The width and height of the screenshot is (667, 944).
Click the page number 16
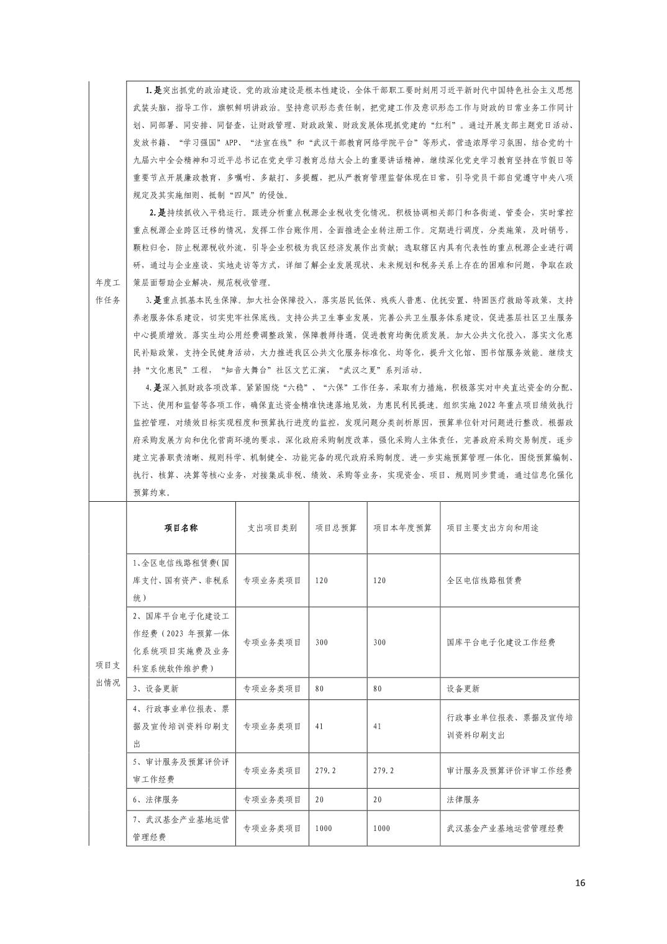[580, 883]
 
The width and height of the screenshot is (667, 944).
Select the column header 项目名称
[181, 528]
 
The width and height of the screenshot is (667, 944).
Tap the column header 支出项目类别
[272, 528]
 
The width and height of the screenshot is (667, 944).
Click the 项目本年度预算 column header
[402, 528]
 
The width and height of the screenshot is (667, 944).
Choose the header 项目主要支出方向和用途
[492, 528]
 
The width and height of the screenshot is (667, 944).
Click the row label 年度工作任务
[108, 291]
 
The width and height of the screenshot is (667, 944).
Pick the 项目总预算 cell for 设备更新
[322, 689]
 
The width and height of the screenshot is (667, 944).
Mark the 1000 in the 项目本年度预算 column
[382, 828]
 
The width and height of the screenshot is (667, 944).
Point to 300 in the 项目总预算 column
[322, 642]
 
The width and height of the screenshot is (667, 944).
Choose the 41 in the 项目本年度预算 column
[377, 726]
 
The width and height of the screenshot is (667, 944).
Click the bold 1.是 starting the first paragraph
[153, 90]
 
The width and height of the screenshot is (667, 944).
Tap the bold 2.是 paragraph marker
[157, 212]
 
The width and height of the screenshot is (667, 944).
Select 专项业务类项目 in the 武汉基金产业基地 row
[272, 828]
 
